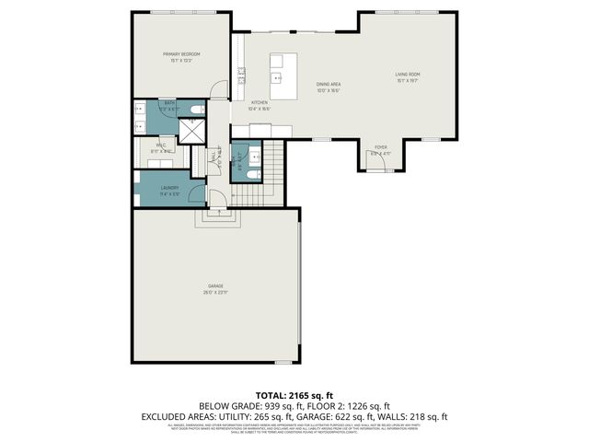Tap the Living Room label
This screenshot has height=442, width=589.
click(408, 74)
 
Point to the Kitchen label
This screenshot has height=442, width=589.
click(260, 103)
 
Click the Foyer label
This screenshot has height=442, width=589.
click(380, 147)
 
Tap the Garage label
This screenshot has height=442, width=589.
click(215, 289)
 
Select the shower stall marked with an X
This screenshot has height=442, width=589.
click(191, 133)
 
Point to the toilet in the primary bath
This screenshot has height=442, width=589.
click(192, 110)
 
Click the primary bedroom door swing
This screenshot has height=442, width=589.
click(217, 90)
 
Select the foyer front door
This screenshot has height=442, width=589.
click(380, 162)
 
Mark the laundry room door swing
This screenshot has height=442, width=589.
click(214, 196)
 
